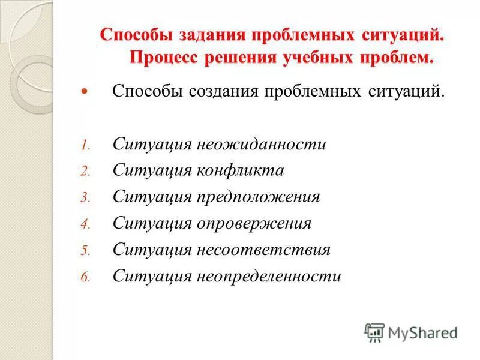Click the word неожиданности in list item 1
coord(260,145)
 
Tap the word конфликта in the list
coord(238,170)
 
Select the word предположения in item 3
coord(257,197)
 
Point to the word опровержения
coord(253,224)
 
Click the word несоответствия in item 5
coord(262,250)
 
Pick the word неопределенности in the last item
coord(268,276)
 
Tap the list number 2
coord(85,172)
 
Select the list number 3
coord(85,198)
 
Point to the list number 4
coord(85,224)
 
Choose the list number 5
coord(85,251)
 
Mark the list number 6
coord(85,277)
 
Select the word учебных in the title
coord(315,58)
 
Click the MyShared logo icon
coord(374,332)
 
